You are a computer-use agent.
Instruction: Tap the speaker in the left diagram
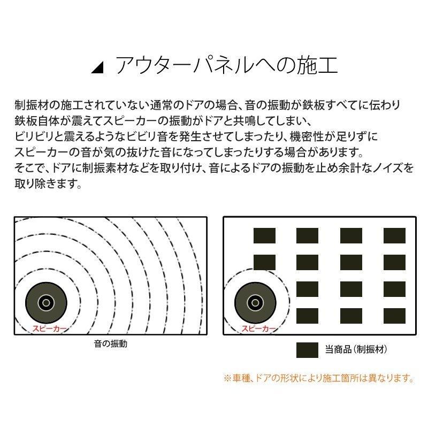[x=46, y=302]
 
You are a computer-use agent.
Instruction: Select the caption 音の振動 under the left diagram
[x=110, y=344]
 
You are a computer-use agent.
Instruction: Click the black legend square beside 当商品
[x=308, y=350]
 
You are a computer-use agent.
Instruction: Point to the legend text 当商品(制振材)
[x=356, y=350]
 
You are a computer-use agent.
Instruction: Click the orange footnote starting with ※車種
[x=319, y=378]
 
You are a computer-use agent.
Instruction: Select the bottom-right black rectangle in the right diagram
[x=394, y=316]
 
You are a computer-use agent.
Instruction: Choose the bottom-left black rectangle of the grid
[x=308, y=316]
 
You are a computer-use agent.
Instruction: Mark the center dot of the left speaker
[x=46, y=302]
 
